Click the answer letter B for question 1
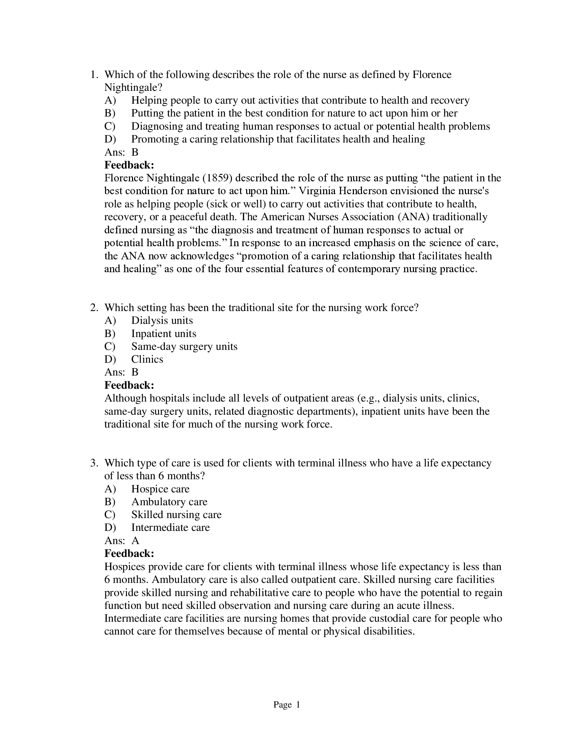pyautogui.click(x=135, y=152)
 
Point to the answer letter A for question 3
pyautogui.click(x=135, y=541)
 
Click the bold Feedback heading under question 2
pyautogui.click(x=129, y=385)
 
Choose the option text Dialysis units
pyautogui.click(x=162, y=321)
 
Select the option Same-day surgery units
pyautogui.click(x=184, y=346)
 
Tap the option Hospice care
pyautogui.click(x=160, y=489)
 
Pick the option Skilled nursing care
pyautogui.click(x=176, y=515)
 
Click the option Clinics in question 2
pyautogui.click(x=147, y=359)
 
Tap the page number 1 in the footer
pyautogui.click(x=298, y=704)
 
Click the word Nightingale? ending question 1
pyautogui.click(x=133, y=87)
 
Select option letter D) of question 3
pyautogui.click(x=110, y=528)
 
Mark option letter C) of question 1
pyautogui.click(x=110, y=126)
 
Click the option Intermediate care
pyautogui.click(x=171, y=528)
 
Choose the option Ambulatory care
pyautogui.click(x=169, y=502)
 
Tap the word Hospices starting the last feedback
pyautogui.click(x=125, y=567)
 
